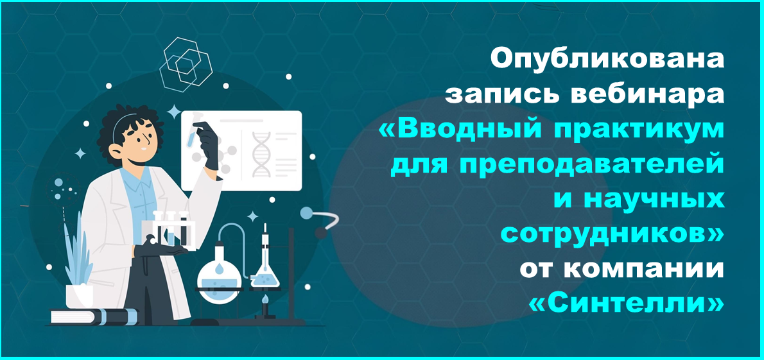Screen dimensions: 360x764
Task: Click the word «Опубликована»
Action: pyautogui.click(x=607, y=60)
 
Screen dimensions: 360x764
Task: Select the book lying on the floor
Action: pyautogui.click(x=93, y=316)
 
